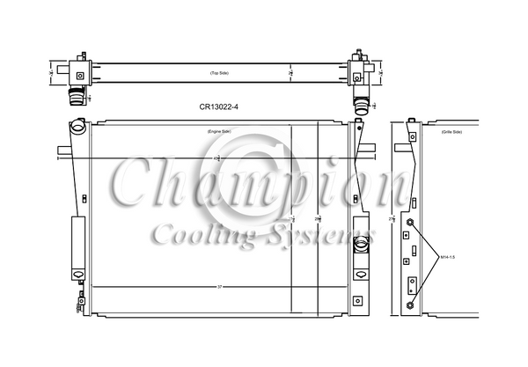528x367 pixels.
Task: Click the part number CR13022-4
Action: pos(217,108)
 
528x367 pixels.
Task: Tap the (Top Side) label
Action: pos(218,72)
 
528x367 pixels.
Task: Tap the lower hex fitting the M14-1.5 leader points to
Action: pos(411,305)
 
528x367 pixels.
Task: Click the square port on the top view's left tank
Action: pos(79,76)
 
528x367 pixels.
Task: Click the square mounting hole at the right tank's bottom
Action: pos(357,300)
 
